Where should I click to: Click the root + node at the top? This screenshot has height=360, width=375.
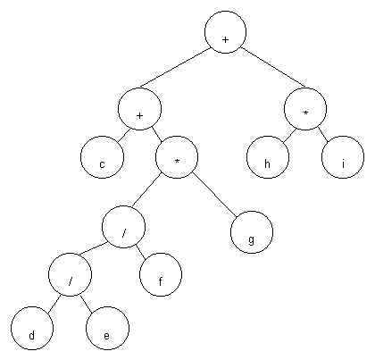click(225, 32)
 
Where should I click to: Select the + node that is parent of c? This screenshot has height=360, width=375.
click(139, 109)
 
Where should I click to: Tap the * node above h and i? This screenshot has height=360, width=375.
click(305, 109)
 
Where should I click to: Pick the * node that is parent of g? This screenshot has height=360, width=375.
click(177, 157)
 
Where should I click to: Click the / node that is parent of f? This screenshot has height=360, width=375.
click(123, 227)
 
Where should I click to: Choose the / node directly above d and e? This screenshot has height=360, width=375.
click(70, 274)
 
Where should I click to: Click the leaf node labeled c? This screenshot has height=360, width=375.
click(102, 157)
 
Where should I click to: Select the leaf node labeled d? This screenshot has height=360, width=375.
click(32, 328)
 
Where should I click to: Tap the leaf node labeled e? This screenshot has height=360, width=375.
click(107, 328)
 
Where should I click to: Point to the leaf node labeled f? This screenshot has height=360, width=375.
click(161, 274)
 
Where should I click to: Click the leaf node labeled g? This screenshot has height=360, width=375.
click(252, 232)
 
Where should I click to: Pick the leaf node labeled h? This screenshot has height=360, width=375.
click(268, 157)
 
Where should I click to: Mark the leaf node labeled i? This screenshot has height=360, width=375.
click(343, 157)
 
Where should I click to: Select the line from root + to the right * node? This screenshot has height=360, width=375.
click(273, 68)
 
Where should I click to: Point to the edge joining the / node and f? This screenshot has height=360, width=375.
click(142, 250)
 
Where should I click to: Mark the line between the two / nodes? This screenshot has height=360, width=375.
click(93, 248)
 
